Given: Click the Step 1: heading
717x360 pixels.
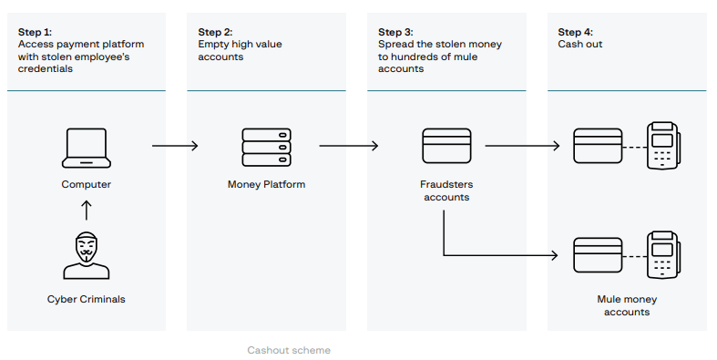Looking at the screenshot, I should coord(36,32).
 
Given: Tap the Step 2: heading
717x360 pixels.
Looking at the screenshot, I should coord(216,32).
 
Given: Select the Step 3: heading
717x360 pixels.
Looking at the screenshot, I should coord(396,32).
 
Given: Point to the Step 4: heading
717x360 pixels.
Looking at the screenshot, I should coord(576,32).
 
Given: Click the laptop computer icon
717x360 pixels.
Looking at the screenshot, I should coord(87,149).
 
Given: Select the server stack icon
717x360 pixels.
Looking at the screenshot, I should coord(266,147).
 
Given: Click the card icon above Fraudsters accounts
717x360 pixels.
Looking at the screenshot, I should coord(446,147).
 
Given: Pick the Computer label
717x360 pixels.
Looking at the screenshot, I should coord(87,185).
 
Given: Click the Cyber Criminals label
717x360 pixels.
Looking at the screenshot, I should coord(87,299).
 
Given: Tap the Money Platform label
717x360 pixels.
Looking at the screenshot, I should coord(266,185).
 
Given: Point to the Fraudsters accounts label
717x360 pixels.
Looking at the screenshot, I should coord(446,191).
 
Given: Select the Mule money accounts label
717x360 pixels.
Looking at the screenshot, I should coord(627,305).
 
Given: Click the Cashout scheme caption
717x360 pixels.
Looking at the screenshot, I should coord(289,350).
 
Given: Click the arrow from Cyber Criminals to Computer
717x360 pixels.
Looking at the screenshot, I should coord(87,211).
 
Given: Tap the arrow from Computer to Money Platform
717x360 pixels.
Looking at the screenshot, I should coord(175,145).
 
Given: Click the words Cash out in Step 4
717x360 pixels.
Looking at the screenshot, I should coord(579,44).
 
